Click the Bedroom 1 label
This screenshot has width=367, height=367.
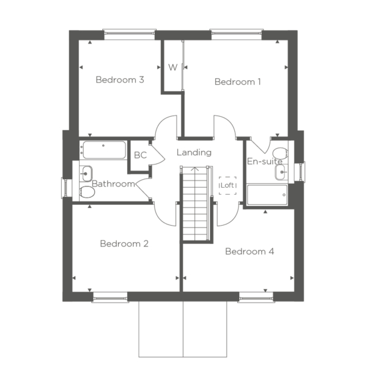pos(237,82)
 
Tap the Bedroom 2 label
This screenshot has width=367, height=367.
pos(124,243)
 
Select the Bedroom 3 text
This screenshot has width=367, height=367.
pos(120,80)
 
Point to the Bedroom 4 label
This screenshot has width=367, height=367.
pos(250,251)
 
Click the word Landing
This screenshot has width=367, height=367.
pos(194,152)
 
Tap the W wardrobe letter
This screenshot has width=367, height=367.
pos(173,67)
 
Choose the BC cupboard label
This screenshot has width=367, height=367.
pos(141,155)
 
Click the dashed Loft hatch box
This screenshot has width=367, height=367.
pos(228,185)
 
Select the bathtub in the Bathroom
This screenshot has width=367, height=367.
pos(105,150)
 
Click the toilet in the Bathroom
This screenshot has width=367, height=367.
pos(87,192)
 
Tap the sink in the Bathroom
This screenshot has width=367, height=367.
pos(87,174)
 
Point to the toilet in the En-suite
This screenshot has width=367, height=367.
pos(280,153)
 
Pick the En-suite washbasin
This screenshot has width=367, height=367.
pos(280,172)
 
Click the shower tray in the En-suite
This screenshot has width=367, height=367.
pos(267,195)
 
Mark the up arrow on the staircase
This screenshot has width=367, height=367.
pos(195,169)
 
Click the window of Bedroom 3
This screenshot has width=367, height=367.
pos(130,34)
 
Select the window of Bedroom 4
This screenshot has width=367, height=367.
pos(256,298)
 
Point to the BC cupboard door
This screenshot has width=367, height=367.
pos(158,155)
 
